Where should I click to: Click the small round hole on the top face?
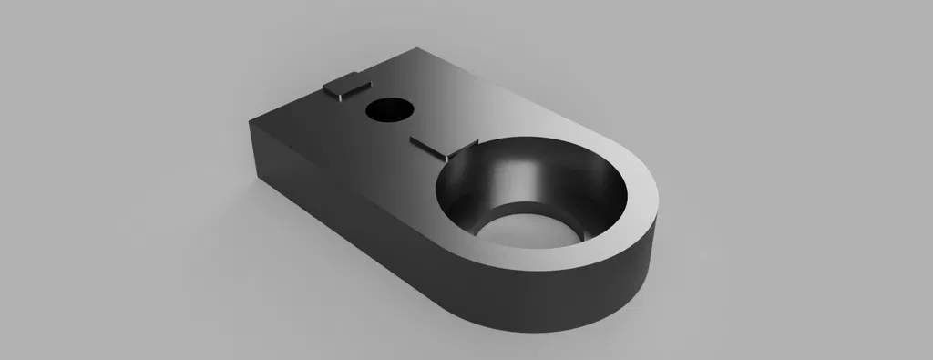click(388, 110)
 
